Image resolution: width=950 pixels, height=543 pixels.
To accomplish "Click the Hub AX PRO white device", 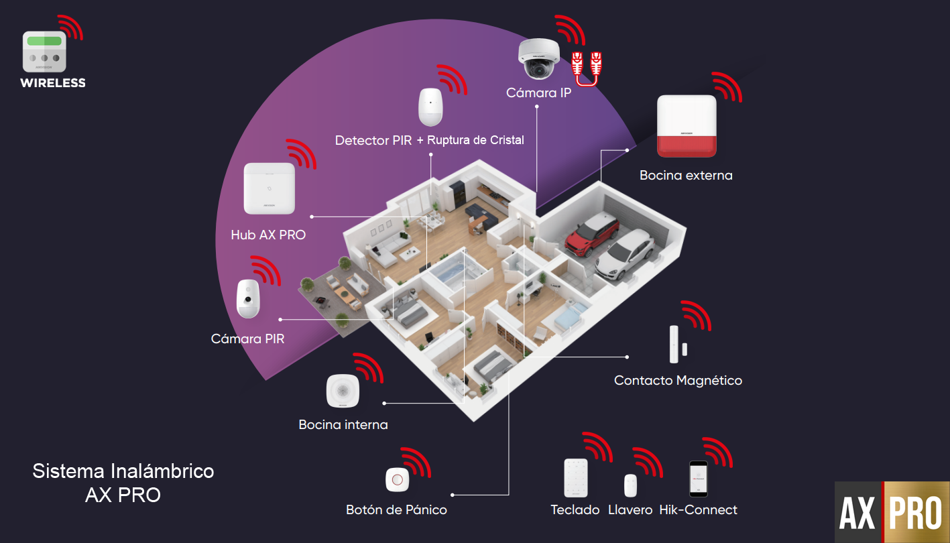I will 269,188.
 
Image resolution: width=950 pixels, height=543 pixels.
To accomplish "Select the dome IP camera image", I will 538,59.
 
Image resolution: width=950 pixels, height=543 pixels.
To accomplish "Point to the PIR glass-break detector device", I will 430,107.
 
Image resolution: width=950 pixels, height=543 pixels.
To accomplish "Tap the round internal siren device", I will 343,390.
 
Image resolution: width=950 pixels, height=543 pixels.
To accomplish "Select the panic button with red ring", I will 397,480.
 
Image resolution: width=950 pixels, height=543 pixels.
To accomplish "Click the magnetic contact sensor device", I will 675,344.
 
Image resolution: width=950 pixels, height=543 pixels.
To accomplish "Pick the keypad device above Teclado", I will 575,478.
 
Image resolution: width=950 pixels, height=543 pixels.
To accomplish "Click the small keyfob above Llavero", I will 630,485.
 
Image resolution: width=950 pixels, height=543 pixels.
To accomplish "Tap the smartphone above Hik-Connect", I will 699,479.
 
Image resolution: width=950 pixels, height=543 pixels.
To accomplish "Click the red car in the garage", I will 591,235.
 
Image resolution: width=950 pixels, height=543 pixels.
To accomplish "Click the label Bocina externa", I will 686,176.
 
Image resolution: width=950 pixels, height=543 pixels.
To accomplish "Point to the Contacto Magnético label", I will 678,381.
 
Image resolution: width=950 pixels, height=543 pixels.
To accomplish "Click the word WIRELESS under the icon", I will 53,83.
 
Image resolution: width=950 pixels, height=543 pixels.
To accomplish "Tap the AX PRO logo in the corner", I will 892,512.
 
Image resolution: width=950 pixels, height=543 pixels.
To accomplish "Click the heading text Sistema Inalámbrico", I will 123,471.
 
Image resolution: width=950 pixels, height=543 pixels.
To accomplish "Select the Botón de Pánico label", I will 396,510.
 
